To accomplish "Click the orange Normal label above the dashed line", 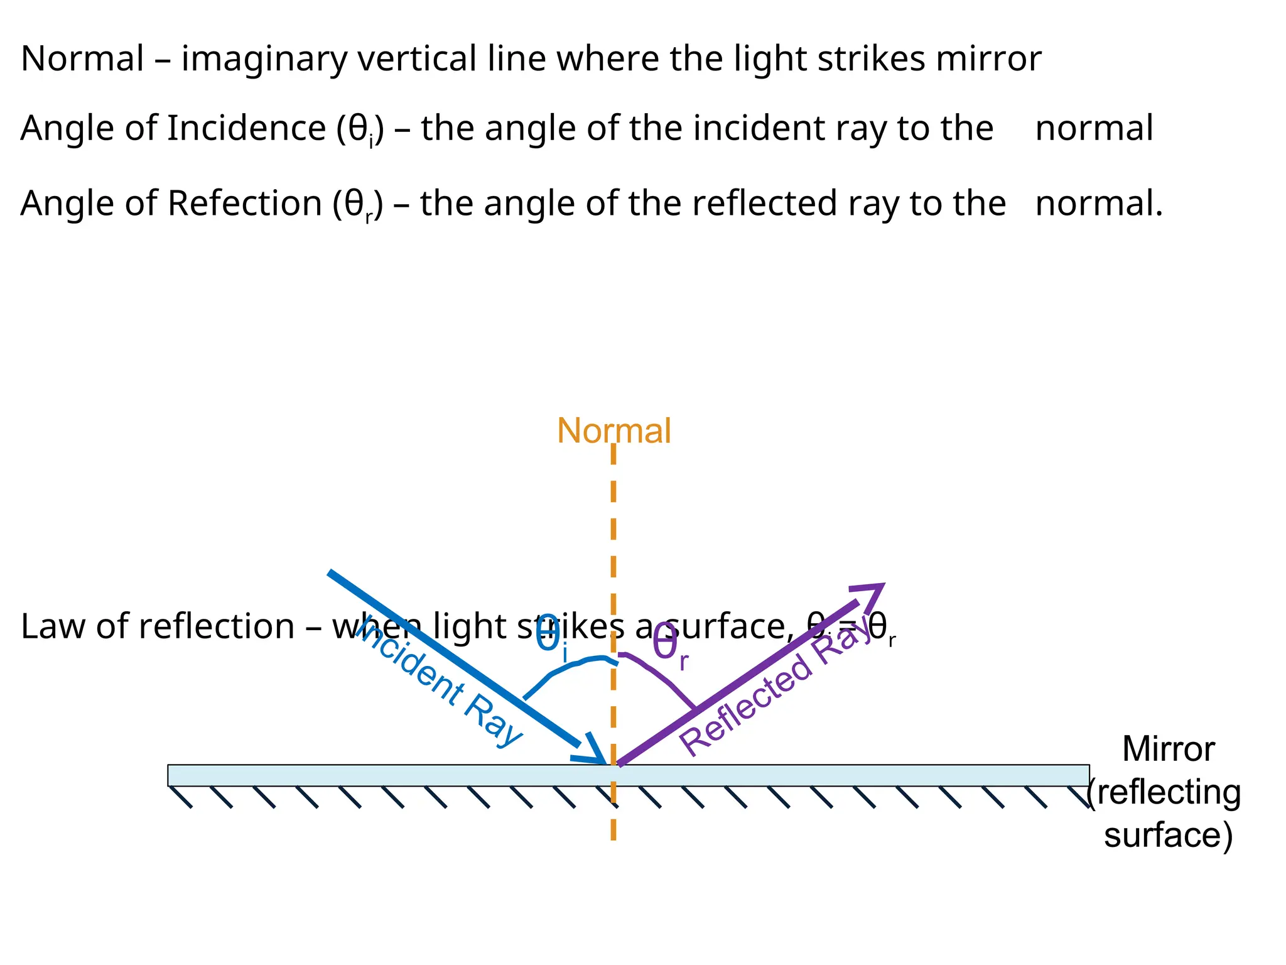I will tap(613, 431).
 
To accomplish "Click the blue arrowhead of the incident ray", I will tap(593, 751).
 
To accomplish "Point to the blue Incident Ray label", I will tap(440, 685).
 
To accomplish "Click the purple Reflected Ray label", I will tap(775, 691).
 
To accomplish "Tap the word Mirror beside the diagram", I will tap(1168, 749).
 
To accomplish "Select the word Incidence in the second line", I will tap(246, 128).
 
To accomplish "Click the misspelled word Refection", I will tap(244, 204).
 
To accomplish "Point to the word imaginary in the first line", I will tap(264, 60).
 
